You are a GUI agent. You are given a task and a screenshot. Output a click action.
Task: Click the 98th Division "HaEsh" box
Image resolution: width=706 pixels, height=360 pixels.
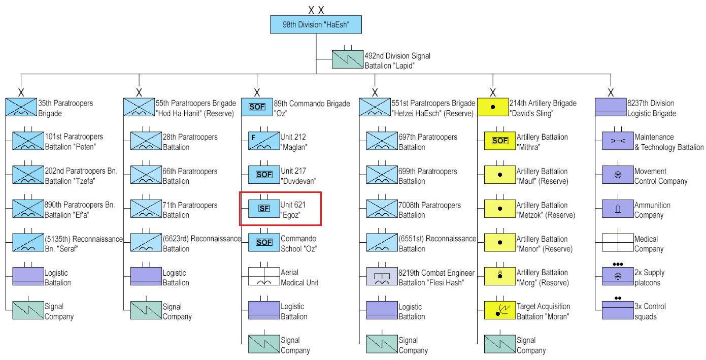point(315,24)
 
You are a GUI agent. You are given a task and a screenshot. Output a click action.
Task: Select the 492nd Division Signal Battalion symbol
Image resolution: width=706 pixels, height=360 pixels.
point(348,60)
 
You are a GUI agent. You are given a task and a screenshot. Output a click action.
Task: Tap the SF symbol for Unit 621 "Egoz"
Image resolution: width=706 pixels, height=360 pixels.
point(264,209)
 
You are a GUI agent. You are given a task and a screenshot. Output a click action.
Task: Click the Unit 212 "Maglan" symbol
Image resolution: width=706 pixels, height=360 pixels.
point(264,141)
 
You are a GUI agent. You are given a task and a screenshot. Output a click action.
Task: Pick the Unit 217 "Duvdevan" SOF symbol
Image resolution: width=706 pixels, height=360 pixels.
point(264,175)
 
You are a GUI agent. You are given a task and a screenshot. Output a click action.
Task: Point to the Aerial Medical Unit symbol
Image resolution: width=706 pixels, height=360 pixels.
point(264,277)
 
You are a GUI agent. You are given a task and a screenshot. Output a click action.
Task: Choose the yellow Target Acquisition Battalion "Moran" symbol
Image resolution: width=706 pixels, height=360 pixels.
point(500,310)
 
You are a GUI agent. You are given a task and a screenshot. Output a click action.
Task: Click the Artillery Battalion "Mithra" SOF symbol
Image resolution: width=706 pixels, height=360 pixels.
point(500,141)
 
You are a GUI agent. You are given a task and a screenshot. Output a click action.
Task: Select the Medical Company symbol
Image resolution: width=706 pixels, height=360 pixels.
point(618,243)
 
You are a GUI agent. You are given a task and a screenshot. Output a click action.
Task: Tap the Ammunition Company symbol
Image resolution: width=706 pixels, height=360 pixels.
point(618,209)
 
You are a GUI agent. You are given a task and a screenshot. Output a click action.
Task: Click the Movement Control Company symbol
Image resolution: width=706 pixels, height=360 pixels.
point(618,175)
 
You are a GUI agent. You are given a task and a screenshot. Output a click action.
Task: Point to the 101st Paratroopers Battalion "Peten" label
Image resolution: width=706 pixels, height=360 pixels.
point(74,142)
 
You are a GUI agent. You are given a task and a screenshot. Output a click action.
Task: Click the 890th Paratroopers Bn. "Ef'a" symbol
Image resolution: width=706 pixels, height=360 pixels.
point(28,209)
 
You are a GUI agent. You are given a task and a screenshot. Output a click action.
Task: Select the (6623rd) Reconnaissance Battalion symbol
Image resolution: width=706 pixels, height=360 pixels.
point(146,243)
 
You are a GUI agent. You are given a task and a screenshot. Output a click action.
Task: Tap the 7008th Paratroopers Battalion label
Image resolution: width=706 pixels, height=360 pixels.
point(429,210)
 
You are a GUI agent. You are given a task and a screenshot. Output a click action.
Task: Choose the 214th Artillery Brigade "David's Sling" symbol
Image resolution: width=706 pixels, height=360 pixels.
point(493,107)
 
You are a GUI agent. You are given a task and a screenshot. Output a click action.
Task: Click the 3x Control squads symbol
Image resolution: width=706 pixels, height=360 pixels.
point(618,310)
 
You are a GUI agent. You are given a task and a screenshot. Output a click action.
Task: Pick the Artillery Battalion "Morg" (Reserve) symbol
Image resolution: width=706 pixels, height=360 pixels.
point(500,277)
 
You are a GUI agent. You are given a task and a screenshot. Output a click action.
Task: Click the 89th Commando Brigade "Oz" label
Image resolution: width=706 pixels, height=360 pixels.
point(312,108)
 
